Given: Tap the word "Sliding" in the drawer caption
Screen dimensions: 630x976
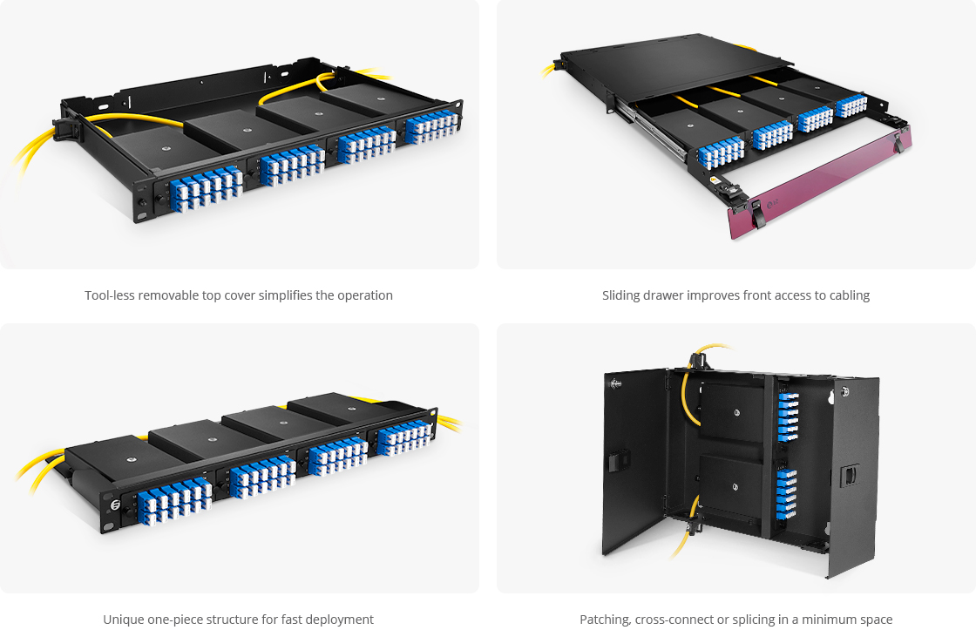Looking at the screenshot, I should (x=622, y=295).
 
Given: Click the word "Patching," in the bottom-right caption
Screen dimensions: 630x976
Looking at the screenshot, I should (x=607, y=620).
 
